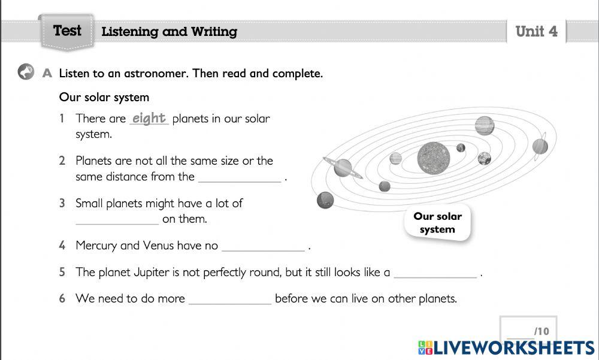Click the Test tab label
click(66, 31)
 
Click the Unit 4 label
click(536, 32)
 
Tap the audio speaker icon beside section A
click(26, 72)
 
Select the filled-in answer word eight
click(149, 118)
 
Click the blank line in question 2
click(240, 178)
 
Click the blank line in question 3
click(117, 220)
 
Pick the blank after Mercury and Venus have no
click(263, 247)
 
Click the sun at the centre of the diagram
click(433, 156)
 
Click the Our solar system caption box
click(437, 223)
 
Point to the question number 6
click(62, 298)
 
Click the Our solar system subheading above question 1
click(104, 97)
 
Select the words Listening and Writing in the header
click(169, 32)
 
